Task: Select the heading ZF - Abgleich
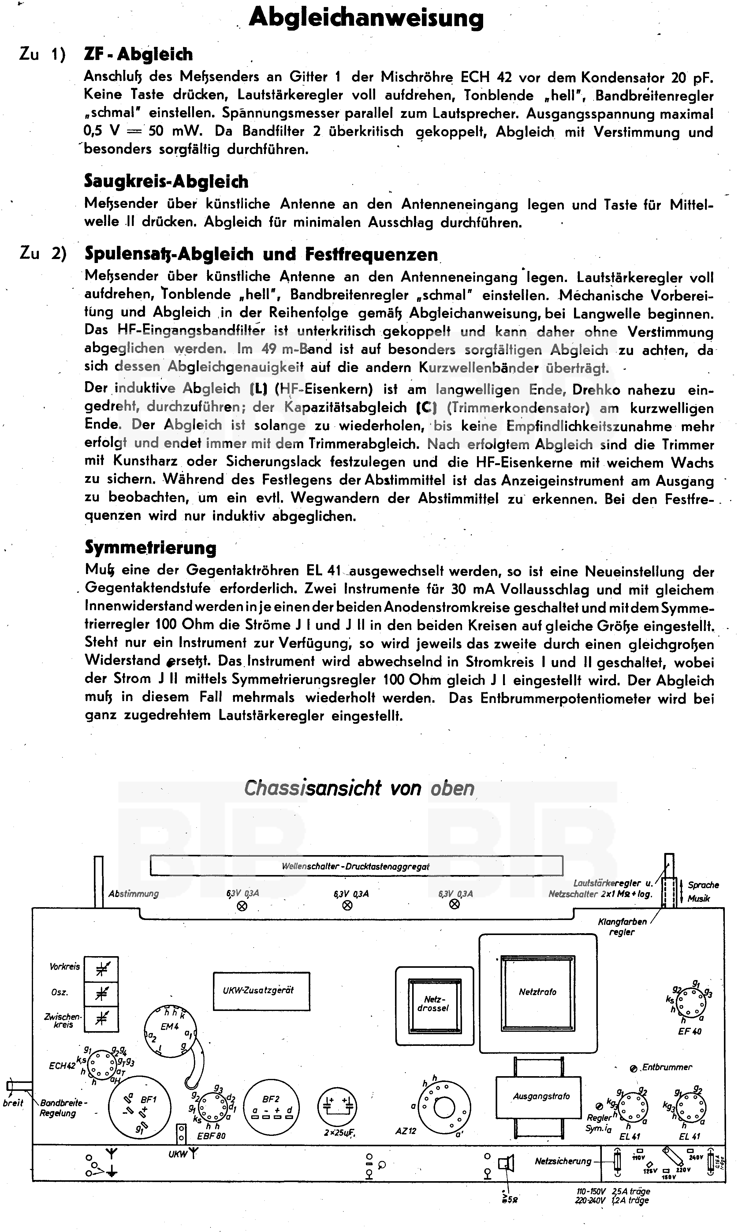[x=138, y=54]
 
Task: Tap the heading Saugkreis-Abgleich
[x=166, y=181]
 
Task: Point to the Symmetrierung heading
[x=150, y=547]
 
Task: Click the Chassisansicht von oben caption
[x=359, y=788]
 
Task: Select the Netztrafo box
[x=538, y=992]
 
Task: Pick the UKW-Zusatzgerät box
[x=261, y=990]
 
